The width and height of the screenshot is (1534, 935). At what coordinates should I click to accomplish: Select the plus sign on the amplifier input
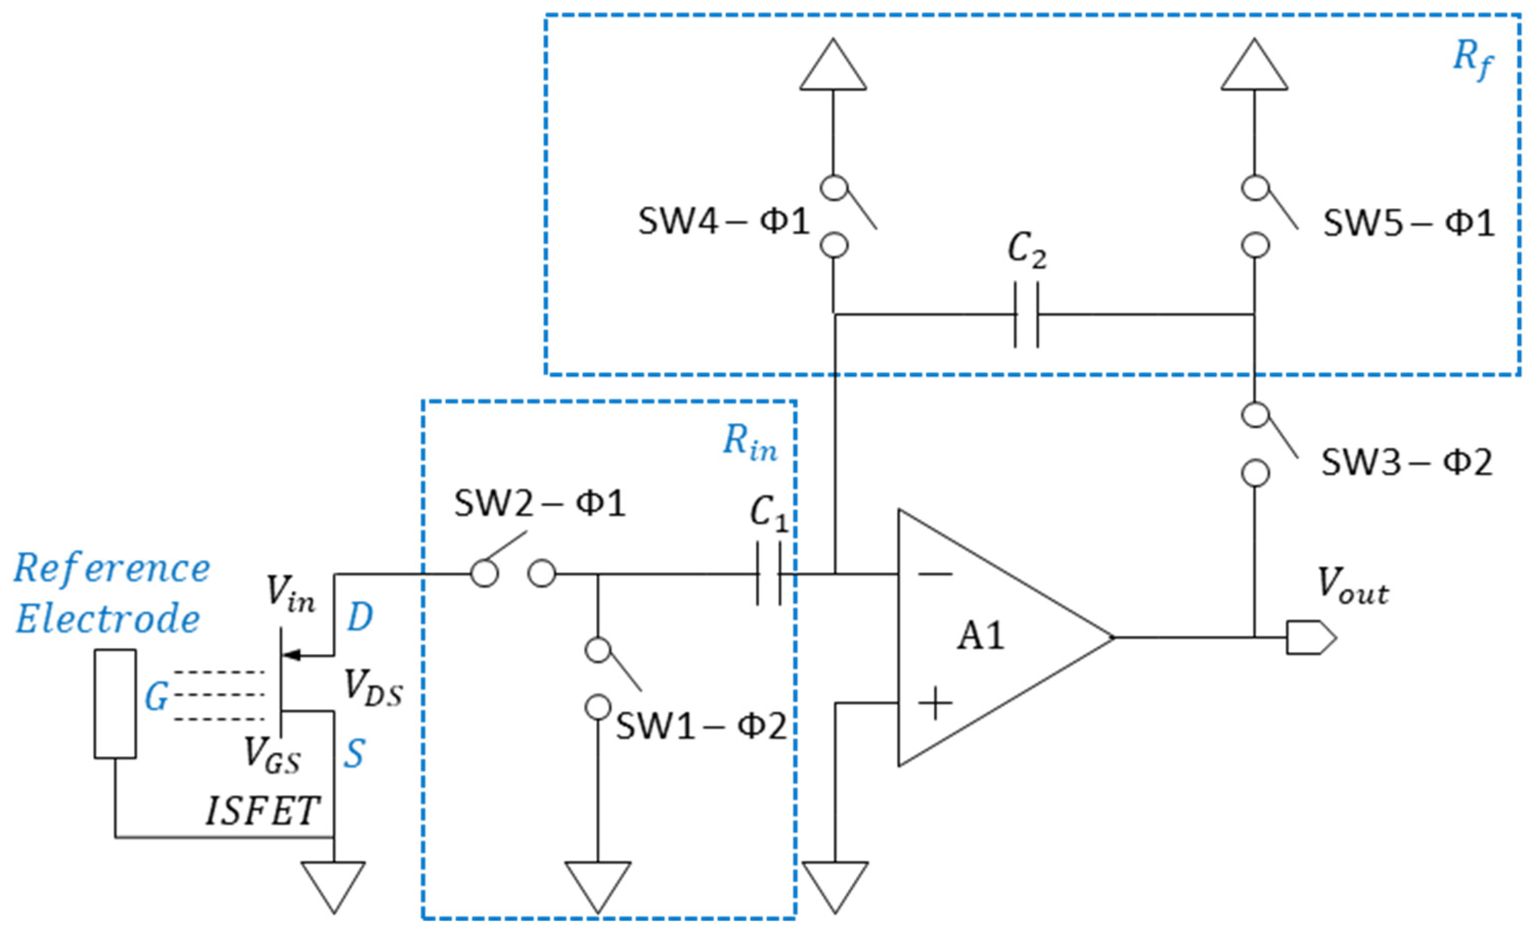tap(935, 704)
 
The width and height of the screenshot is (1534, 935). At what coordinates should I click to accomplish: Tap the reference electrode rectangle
tap(115, 704)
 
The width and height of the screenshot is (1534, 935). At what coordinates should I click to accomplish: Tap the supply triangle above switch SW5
tap(1254, 67)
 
